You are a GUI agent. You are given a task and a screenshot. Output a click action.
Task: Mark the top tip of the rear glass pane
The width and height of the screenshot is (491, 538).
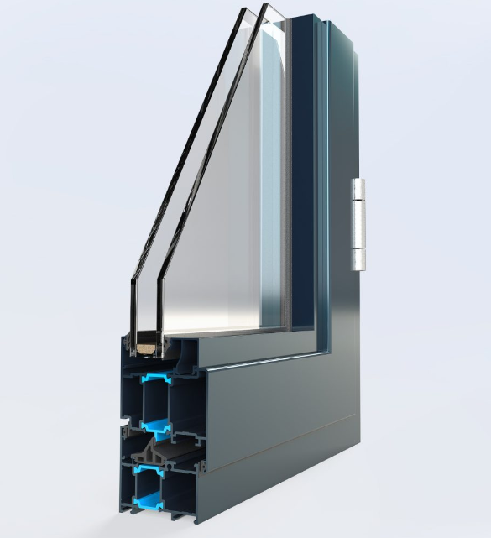267,7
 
